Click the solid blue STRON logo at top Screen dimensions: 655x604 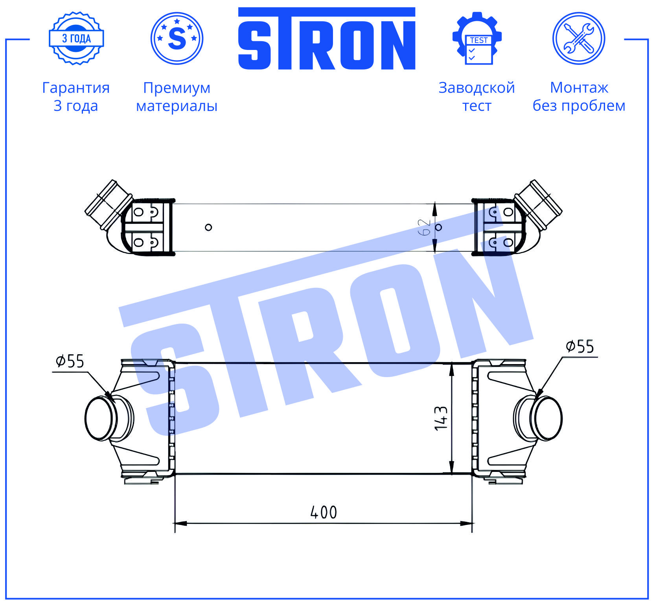click(327, 39)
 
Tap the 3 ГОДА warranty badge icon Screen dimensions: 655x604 click(76, 38)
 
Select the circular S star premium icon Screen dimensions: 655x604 click(177, 38)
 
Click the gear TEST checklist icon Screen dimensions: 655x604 click(477, 38)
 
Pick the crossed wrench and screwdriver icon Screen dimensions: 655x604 click(579, 38)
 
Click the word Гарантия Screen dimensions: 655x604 click(76, 88)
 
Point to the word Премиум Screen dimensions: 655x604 click(177, 88)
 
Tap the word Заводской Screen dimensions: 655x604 click(477, 87)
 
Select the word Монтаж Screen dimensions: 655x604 click(579, 87)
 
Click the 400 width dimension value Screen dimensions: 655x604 click(324, 512)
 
